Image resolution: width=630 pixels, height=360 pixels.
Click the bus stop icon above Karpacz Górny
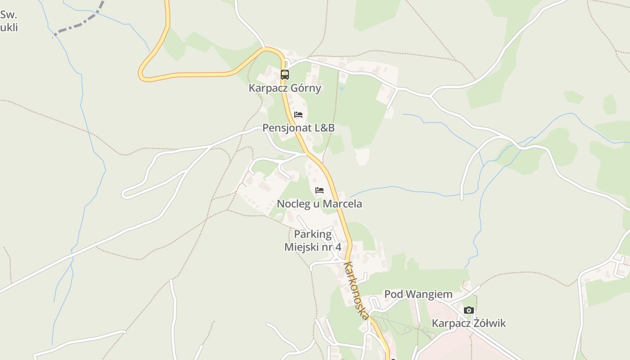(284, 75)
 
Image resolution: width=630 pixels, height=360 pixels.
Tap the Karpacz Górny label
(285, 88)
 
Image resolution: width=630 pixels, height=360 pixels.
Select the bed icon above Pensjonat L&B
(298, 115)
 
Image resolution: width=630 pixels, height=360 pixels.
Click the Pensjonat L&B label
(298, 128)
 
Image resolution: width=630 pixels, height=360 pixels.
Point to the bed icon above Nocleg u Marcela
(319, 190)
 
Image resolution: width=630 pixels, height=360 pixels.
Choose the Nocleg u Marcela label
(319, 204)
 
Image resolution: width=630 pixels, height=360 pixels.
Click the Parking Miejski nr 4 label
(313, 241)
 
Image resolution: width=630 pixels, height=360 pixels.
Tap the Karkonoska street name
(356, 290)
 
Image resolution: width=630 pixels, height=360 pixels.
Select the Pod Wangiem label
(418, 294)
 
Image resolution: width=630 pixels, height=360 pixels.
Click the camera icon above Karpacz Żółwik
(469, 310)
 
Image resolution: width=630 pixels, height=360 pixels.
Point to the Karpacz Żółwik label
(469, 323)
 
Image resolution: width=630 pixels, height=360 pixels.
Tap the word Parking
(313, 234)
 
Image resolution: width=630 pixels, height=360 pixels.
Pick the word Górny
(306, 88)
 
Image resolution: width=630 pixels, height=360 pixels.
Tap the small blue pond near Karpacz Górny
(342, 89)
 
